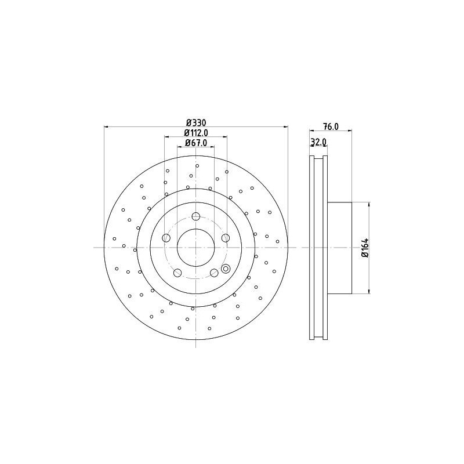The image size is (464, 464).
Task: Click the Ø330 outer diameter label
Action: pyautogui.click(x=196, y=122)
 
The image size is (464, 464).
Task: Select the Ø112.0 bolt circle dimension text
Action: pyautogui.click(x=196, y=133)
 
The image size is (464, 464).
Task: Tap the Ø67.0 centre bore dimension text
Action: pyautogui.click(x=196, y=143)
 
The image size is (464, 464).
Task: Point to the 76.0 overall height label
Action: pyautogui.click(x=330, y=127)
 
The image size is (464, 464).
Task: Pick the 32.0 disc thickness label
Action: pyautogui.click(x=319, y=142)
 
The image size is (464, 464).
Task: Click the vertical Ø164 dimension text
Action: pyautogui.click(x=365, y=248)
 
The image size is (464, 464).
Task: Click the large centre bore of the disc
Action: pyautogui.click(x=196, y=248)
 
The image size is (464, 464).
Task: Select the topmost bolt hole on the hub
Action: pyautogui.click(x=196, y=217)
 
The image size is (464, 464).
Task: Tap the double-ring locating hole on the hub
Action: pyautogui.click(x=226, y=268)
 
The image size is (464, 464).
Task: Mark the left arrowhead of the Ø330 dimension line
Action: pyautogui.click(x=107, y=126)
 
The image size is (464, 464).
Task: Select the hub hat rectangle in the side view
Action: pyautogui.click(x=340, y=248)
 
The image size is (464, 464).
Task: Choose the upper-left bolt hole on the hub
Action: pyautogui.click(x=166, y=238)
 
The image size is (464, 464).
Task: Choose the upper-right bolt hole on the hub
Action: pyautogui.click(x=226, y=238)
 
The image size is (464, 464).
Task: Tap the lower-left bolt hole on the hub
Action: pyautogui.click(x=177, y=273)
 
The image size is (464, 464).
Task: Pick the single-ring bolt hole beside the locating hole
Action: pyautogui.click(x=214, y=273)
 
